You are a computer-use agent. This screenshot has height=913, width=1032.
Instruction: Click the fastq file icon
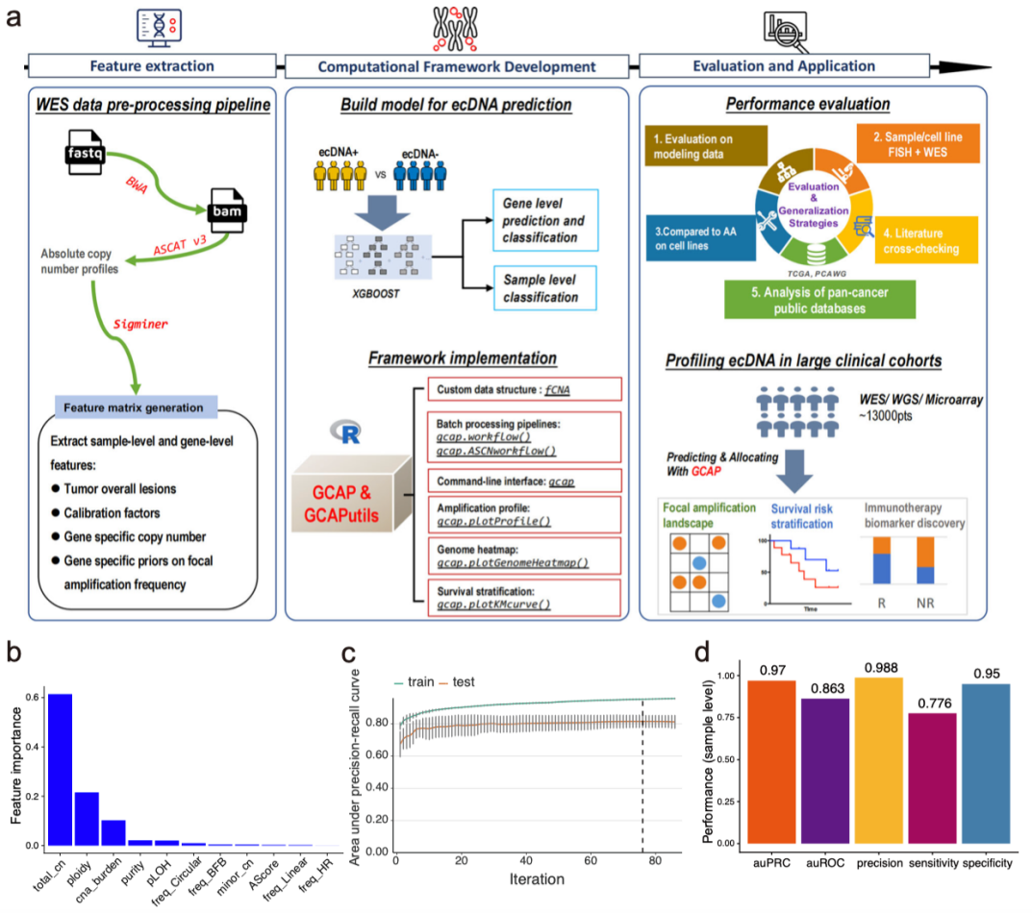point(85,152)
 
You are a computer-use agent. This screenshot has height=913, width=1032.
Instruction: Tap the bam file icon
point(228,210)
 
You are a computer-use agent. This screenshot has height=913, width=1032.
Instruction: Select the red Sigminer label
point(140,324)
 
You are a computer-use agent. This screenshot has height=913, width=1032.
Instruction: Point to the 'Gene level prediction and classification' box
point(545,220)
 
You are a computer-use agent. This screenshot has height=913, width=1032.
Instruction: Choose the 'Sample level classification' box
point(545,288)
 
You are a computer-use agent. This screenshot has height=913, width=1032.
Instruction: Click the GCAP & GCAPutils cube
point(351,493)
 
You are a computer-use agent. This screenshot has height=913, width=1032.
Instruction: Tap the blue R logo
point(346,432)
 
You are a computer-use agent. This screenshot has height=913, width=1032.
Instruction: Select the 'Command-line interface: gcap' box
point(524,481)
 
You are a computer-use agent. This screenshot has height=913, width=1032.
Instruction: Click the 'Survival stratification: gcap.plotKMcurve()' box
point(524,597)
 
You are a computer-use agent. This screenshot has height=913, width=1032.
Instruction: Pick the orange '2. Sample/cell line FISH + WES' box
point(918,144)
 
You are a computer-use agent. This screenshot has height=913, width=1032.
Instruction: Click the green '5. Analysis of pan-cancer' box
point(819,300)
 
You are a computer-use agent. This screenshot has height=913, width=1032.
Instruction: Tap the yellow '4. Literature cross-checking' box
point(926,241)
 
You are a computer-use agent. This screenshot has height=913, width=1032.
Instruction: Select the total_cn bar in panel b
point(60,770)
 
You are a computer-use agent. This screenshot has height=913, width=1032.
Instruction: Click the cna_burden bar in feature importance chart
point(113,832)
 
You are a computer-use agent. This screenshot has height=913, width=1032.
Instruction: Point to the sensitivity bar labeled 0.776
point(932,778)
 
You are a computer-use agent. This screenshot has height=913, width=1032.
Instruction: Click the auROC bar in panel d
point(825,771)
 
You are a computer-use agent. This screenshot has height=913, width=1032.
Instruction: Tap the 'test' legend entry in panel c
point(457,682)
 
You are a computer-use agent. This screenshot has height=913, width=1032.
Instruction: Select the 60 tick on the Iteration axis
point(591,860)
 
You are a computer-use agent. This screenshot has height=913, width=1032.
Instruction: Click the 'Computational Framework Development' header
point(457,66)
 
